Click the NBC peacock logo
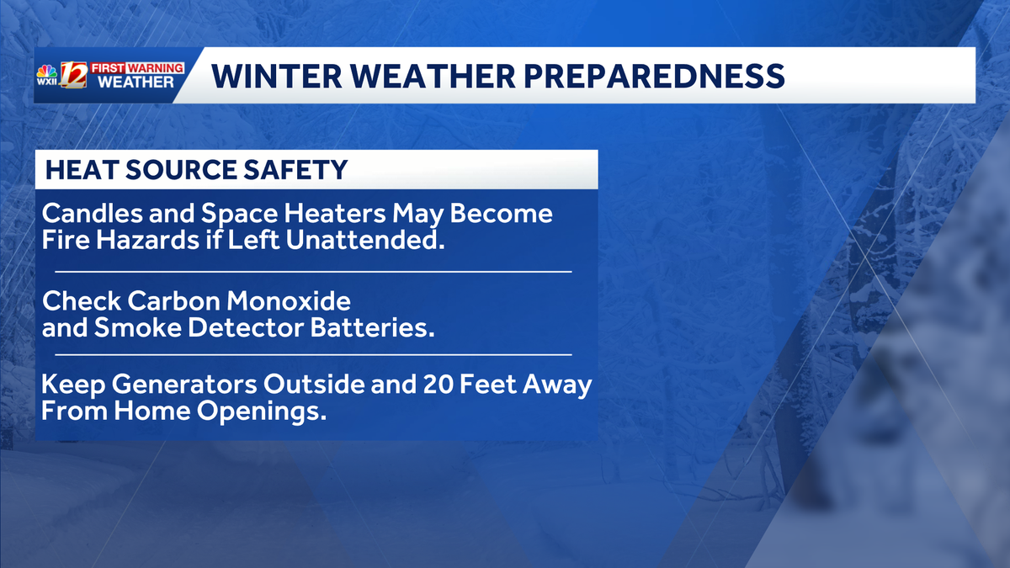(47, 69)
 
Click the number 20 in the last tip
(434, 386)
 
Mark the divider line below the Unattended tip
(313, 273)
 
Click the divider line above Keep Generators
(313, 355)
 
